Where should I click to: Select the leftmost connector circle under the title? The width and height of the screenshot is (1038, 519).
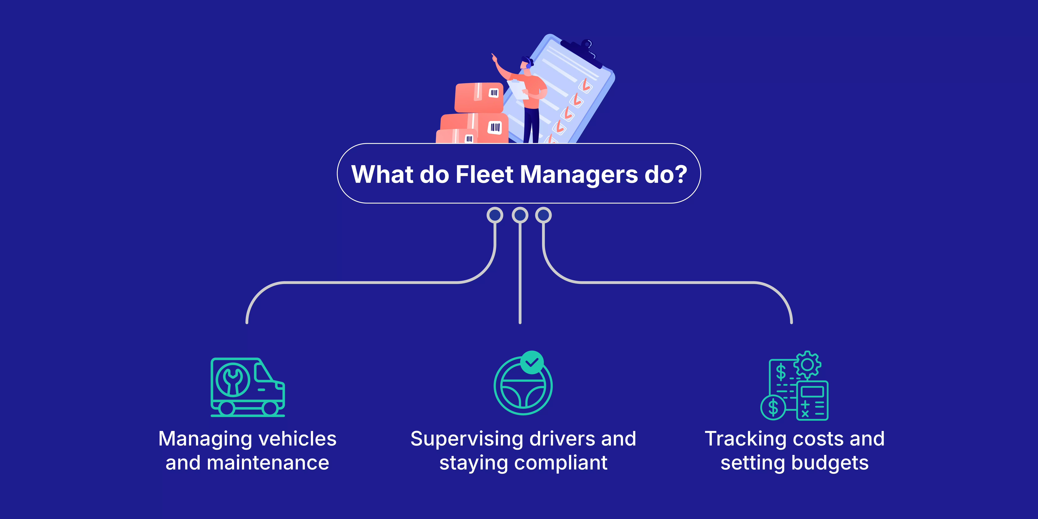coord(495,215)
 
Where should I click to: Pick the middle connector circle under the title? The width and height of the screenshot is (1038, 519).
coord(520,215)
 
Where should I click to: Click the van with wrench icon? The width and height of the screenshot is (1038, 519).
coord(247,387)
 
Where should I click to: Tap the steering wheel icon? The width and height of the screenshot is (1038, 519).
coord(523,387)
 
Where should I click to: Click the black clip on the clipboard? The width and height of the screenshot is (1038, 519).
coord(581,52)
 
